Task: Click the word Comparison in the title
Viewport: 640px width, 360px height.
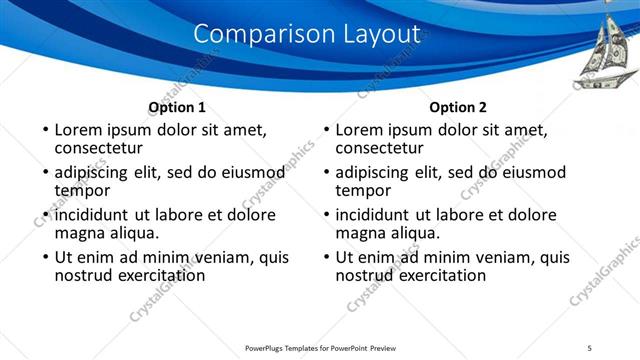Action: point(252,33)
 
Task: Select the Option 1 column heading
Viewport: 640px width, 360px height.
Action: point(177,107)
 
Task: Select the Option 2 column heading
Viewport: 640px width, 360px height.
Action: point(458,107)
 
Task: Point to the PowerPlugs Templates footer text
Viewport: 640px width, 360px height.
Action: point(320,347)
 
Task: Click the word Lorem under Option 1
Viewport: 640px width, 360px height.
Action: point(79,129)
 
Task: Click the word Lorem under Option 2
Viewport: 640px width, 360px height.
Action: point(360,129)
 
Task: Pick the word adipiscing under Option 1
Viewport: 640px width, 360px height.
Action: point(96,172)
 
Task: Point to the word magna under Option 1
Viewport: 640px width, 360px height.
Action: point(79,233)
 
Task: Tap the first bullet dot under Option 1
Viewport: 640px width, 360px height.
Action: point(43,130)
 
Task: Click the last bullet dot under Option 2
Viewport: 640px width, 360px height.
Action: point(324,258)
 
